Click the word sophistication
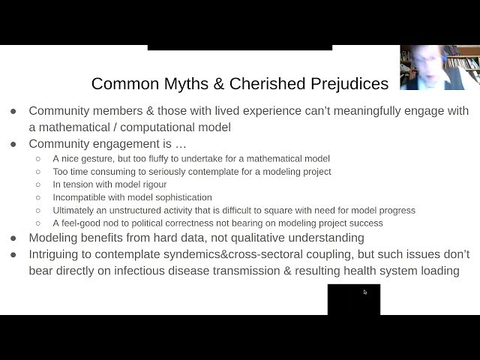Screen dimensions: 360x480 coord(173,197)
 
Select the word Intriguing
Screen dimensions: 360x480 coord(56,254)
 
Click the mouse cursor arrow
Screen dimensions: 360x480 coord(365,292)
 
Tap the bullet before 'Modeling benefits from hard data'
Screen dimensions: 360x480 coord(13,238)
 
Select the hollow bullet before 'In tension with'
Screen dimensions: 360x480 coord(38,184)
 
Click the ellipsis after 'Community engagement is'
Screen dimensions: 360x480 coord(179,143)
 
